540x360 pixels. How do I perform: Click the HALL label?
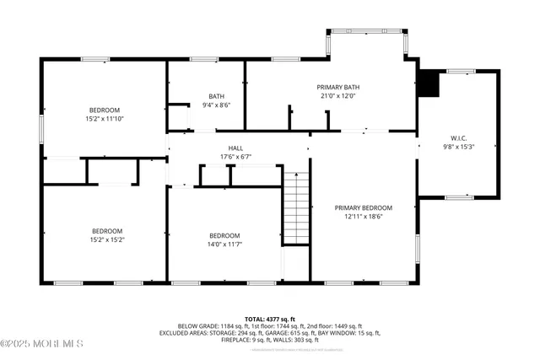tap(224, 148)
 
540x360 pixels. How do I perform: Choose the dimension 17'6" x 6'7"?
tap(224, 157)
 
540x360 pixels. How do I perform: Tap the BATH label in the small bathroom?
tap(217, 95)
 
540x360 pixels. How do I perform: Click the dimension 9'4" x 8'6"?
tap(217, 105)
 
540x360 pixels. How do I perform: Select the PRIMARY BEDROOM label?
tap(364, 207)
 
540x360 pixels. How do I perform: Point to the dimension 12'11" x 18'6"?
tap(364, 217)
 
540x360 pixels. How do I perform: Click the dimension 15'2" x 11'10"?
tap(105, 119)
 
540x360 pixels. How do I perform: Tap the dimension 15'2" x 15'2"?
tap(107, 239)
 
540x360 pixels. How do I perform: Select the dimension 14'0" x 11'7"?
tap(224, 244)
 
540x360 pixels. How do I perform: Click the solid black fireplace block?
tap(429, 83)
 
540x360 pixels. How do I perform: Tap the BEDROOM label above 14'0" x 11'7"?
tap(224, 235)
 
